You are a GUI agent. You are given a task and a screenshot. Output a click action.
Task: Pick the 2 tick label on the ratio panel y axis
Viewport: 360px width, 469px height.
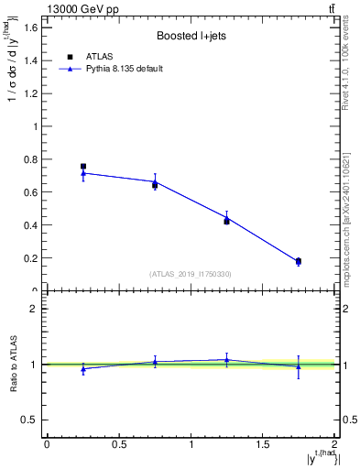coord(33,309)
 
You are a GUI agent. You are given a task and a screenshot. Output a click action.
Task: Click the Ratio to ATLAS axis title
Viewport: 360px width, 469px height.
coord(14,364)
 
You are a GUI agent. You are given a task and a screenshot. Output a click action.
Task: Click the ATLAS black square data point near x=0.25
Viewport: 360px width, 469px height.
coord(83,166)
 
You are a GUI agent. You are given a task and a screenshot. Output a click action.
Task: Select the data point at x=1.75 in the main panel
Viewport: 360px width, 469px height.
coord(299,262)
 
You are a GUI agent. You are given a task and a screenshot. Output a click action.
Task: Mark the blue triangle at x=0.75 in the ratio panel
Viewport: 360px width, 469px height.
coord(155,362)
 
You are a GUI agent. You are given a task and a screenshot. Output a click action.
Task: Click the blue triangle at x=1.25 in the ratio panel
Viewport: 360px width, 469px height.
coord(226,360)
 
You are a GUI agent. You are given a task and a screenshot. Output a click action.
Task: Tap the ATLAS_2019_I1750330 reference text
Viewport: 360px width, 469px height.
coord(191,274)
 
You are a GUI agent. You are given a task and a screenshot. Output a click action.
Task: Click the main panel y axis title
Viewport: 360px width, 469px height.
coord(14,64)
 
